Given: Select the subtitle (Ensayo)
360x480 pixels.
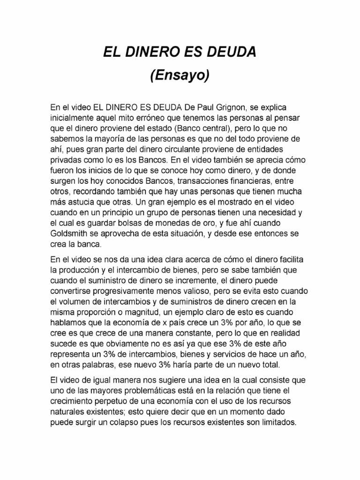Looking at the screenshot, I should coord(180,75).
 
